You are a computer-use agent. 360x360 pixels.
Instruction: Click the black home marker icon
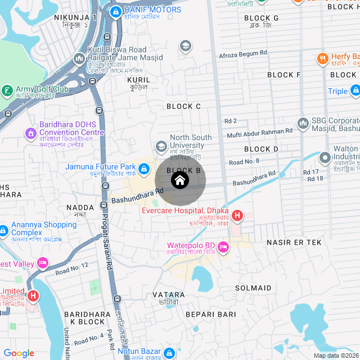[x=180, y=181]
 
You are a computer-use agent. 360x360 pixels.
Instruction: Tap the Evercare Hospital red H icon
[x=237, y=215]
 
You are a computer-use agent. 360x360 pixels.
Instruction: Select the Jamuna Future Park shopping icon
[x=144, y=168]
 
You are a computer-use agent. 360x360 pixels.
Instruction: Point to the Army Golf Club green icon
[x=7, y=90]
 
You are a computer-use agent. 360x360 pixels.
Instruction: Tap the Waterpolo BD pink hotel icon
[x=223, y=247]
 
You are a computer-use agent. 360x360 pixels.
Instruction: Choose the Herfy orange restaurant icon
[x=322, y=57]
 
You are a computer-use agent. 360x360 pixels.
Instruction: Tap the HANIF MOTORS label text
[x=152, y=10]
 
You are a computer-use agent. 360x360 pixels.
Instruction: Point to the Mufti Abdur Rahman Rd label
[x=260, y=130]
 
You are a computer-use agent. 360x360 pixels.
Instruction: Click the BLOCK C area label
[x=183, y=106]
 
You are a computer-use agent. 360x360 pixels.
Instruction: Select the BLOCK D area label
[x=261, y=149]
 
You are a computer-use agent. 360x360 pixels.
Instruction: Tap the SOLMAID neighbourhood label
[x=253, y=288]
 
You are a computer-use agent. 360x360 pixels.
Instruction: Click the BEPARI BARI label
[x=210, y=314]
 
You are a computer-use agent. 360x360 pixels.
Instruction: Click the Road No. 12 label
[x=72, y=269]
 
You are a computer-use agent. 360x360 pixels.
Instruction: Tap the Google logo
[x=19, y=353]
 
